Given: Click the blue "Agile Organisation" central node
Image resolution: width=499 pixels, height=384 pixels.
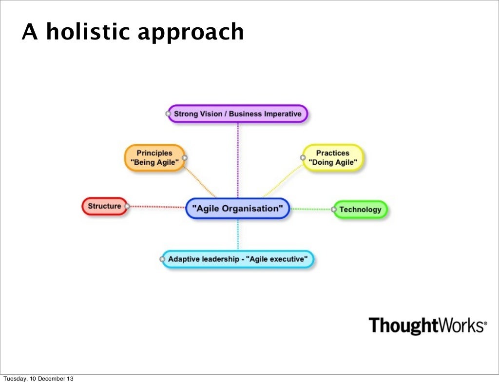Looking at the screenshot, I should tap(238, 209).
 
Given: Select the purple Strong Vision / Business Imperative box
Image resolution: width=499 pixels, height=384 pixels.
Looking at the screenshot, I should tap(238, 114).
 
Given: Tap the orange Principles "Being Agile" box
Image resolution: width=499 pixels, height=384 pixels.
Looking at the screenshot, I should tap(154, 157).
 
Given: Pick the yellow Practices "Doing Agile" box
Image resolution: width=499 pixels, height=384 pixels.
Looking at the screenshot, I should tap(333, 157).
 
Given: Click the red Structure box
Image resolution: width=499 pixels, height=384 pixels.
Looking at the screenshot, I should tap(104, 206).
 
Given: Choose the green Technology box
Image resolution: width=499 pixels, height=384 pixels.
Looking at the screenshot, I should tap(360, 210).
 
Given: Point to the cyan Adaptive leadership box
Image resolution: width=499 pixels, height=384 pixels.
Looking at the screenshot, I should tap(238, 260).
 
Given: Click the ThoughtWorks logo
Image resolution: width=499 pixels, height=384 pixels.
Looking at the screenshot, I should tap(427, 325).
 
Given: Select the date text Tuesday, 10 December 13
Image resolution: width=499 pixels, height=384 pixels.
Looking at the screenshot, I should tap(38, 379).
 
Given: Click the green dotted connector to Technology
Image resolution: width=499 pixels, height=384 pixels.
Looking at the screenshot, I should tap(310, 209).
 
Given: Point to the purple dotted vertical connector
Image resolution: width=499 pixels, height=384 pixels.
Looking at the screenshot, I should tap(238, 156).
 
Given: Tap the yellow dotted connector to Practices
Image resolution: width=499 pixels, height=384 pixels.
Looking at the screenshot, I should tap(283, 180).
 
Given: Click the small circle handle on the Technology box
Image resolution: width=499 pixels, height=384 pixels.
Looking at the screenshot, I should tap(334, 210).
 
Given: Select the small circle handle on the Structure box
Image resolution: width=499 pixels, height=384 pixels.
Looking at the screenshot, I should tap(127, 207).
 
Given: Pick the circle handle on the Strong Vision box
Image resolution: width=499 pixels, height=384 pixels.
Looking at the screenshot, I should tap(168, 114).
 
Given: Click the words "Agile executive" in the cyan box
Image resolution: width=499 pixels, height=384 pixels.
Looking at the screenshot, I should tap(278, 260).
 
